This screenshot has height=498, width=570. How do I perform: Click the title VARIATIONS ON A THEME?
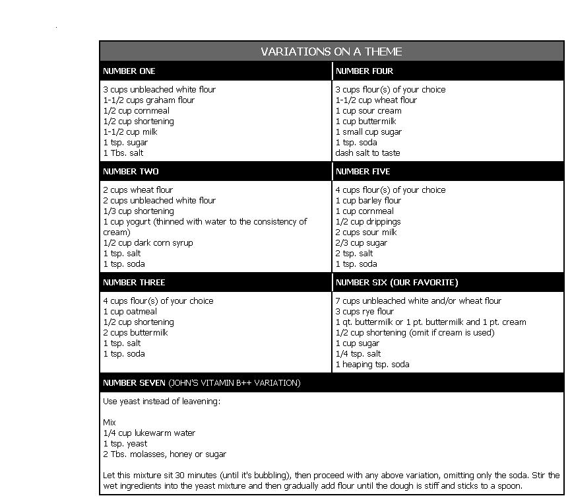pos(331,52)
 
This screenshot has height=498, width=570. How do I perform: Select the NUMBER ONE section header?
pos(129,71)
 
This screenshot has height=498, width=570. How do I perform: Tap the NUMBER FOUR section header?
pos(364,71)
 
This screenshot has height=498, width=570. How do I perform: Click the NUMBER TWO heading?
pos(131,171)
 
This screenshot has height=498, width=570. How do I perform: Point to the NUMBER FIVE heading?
pos(363,171)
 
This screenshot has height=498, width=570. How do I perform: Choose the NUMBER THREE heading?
pos(134,282)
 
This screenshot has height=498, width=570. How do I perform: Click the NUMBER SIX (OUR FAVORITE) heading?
pos(396,282)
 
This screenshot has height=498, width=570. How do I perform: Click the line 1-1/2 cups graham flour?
pos(148,100)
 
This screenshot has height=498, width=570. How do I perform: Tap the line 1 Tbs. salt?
pos(123,153)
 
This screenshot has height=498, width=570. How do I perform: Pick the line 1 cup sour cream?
pos(368,110)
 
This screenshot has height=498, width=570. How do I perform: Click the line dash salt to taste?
pos(367,153)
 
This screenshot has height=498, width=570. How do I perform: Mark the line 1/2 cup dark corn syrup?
pos(148,242)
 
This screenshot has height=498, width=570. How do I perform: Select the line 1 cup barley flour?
pos(368,200)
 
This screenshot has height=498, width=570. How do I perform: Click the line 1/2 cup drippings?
pos(367,221)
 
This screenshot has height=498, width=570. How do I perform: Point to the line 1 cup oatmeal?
pos(130,311)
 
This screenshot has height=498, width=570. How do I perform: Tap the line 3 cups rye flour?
pos(364,311)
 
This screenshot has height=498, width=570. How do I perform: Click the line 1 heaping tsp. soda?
pos(372,364)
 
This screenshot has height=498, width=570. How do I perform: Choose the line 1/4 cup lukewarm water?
pos(149,433)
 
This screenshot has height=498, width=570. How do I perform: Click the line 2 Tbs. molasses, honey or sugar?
pos(164,454)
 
